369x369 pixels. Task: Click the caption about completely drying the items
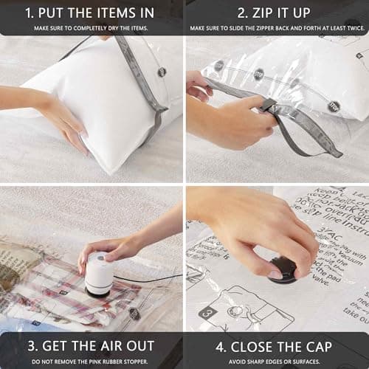click(91, 28)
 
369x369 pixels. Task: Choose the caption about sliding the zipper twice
click(277, 28)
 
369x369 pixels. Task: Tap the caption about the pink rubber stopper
click(91, 361)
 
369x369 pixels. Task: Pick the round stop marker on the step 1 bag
click(162, 72)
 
